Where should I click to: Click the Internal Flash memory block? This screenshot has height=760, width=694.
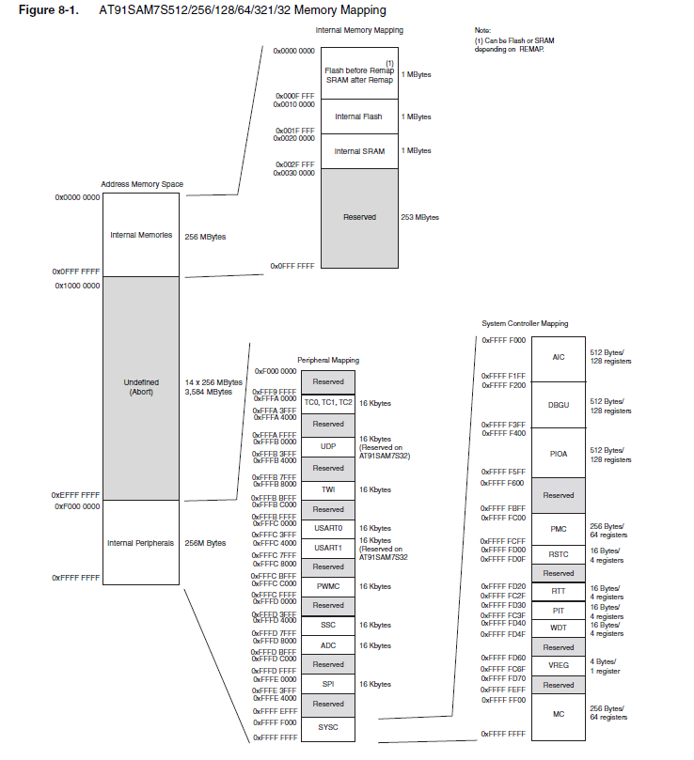point(358,116)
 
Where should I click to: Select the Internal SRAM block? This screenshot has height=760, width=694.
point(358,150)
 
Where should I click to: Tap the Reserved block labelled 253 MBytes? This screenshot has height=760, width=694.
point(358,217)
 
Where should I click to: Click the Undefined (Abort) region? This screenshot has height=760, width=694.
point(141,387)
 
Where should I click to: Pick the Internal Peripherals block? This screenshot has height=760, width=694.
point(141,543)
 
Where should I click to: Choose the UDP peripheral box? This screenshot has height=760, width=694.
point(328,446)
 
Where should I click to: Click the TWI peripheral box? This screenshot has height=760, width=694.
point(328,489)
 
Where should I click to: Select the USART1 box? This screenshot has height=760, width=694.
point(328,548)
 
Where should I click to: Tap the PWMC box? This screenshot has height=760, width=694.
point(328,586)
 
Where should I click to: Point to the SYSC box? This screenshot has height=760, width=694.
point(328,727)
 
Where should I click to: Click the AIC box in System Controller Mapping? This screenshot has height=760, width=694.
point(559,357)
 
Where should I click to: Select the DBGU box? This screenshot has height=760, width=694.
point(559,405)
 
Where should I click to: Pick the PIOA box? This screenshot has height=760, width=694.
point(559,454)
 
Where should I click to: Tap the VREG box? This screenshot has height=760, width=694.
point(559,666)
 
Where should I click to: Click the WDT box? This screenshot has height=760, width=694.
point(559,628)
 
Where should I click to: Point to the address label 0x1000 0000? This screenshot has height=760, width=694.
point(77,285)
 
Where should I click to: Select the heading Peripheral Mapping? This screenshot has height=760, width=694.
point(328,360)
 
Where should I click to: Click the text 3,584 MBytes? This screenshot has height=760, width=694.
point(209,392)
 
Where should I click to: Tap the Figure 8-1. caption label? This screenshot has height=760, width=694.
point(46,10)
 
